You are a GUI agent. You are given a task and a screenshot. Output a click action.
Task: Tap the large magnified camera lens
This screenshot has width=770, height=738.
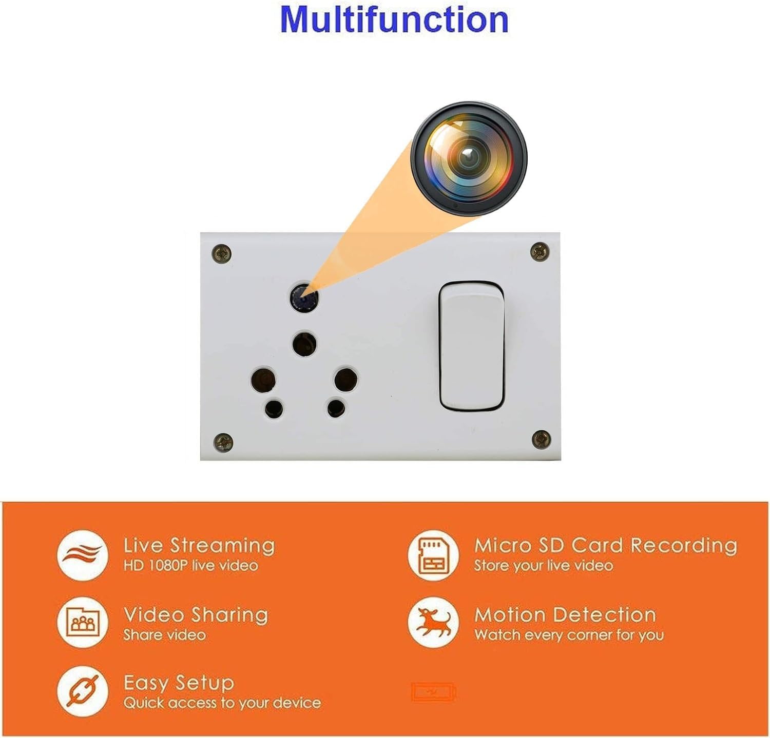(x=468, y=160)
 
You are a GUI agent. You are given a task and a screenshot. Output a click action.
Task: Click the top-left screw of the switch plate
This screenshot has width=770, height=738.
(x=222, y=253)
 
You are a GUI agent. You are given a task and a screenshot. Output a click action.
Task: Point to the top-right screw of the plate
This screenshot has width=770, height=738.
(x=540, y=251)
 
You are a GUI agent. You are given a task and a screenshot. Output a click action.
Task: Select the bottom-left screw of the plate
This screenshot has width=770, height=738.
(x=223, y=442)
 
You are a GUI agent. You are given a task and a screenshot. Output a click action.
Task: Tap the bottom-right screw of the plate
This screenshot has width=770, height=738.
(x=542, y=438)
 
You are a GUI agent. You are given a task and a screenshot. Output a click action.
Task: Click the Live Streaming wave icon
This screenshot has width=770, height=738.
(x=83, y=555)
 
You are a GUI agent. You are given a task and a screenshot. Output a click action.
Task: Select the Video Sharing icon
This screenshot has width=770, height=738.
(x=83, y=623)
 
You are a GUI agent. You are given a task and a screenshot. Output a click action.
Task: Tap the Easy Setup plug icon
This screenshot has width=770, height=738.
(x=83, y=691)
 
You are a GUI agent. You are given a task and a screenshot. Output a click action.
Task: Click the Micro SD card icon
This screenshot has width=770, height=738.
(x=433, y=555)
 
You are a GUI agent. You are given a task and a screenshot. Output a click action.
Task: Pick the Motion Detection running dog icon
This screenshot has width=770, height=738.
(x=433, y=623)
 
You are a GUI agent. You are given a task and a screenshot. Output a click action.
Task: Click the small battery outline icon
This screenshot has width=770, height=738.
(x=433, y=692)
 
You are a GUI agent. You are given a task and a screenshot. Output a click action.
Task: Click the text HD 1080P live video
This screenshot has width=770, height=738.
(x=190, y=566)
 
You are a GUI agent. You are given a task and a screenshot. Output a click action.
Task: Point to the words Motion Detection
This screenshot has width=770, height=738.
(x=565, y=614)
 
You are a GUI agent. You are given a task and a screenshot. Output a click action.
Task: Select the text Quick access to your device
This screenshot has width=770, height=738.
(x=222, y=703)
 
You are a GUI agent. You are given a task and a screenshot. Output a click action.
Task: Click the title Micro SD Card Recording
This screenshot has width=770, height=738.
(x=606, y=545)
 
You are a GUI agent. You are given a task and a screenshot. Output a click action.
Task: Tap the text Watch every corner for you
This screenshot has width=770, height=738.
(x=569, y=635)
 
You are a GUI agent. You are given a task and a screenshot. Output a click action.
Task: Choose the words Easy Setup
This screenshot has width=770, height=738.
(x=179, y=683)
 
